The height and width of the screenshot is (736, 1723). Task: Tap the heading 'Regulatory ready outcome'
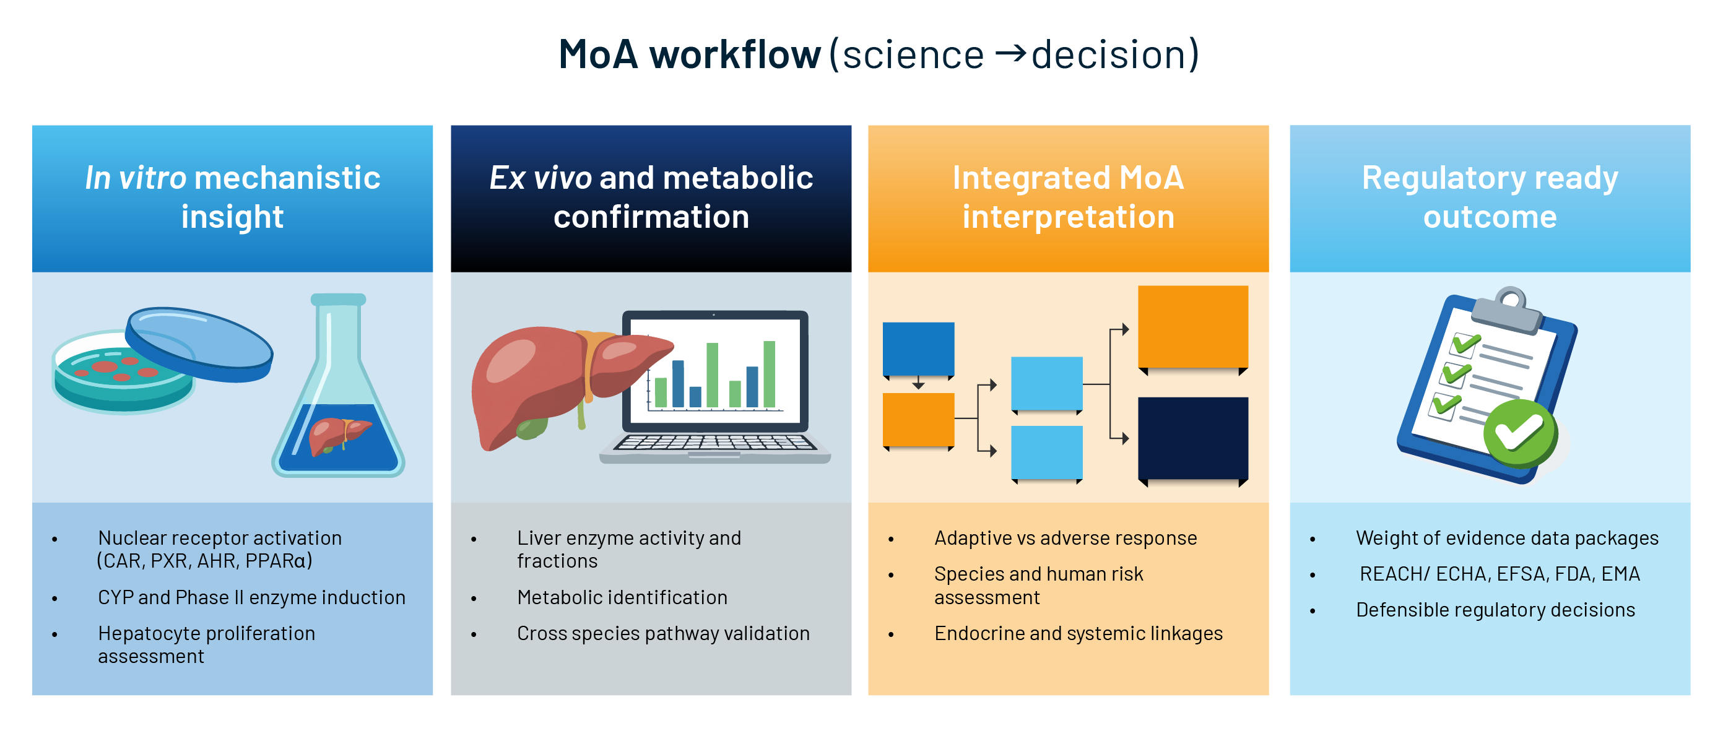pos(1489,197)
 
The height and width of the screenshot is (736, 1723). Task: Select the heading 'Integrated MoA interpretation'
pos(1067,197)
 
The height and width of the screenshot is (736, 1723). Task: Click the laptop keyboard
pos(714,443)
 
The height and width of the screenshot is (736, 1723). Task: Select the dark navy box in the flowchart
pos(1192,438)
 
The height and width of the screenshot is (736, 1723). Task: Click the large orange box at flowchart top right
pos(1192,327)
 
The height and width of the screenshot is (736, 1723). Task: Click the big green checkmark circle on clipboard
pos(1520,433)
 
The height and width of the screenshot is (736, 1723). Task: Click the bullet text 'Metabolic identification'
pos(622,597)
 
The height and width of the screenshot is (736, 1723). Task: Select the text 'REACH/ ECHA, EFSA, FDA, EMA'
pos(1499,574)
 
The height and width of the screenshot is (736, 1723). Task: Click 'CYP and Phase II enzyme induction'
pos(251,597)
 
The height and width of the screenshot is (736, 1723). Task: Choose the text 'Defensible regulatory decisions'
pos(1495,610)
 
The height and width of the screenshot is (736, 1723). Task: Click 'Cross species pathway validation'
pos(663,633)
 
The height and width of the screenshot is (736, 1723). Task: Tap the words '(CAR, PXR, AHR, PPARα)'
pos(205,561)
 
